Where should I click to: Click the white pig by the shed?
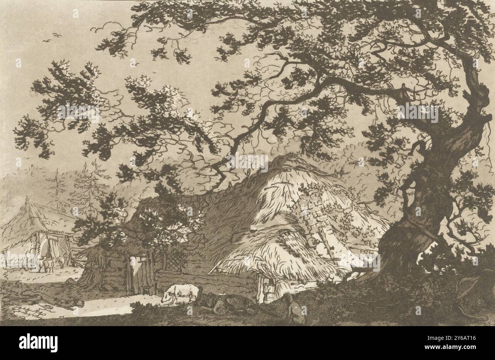[180, 292]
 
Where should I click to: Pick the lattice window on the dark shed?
[173, 261]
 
